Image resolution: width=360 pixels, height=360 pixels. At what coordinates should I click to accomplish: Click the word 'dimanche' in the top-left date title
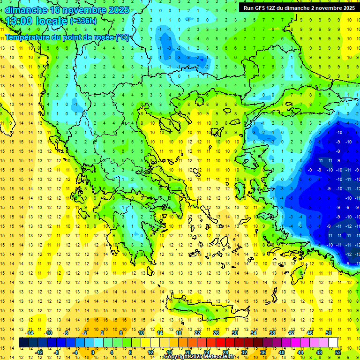point(26,10)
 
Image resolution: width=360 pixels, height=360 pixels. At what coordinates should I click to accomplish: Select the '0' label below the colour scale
point(93,352)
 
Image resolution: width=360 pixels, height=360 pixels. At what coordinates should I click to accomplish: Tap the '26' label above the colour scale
point(216,333)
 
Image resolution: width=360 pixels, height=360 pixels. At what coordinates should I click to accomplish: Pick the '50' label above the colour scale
point(328,333)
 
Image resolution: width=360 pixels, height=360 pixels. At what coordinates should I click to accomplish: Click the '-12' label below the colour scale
point(39,352)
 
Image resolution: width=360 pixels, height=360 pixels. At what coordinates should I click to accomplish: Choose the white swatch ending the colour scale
point(333,343)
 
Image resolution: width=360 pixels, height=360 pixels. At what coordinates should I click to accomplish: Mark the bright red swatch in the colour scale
point(221,343)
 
